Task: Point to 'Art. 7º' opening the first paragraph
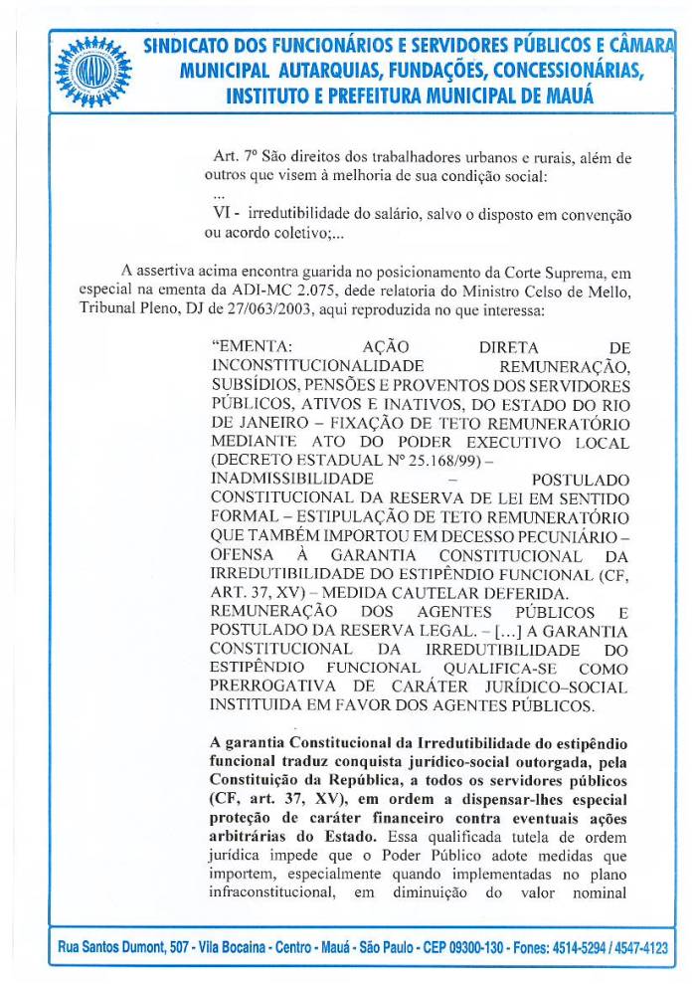click(x=235, y=157)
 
